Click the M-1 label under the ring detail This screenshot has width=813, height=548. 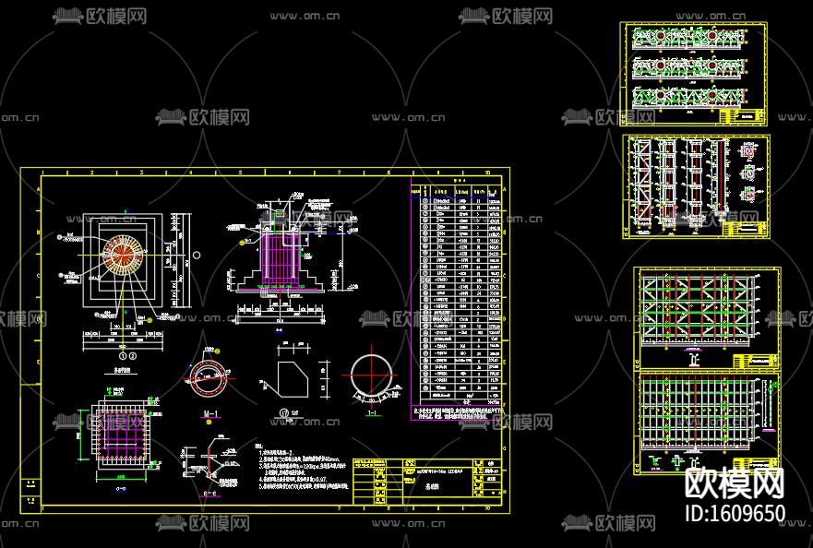[210, 412]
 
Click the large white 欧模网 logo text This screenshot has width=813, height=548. [735, 482]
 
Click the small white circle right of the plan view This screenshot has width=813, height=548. [197, 256]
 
